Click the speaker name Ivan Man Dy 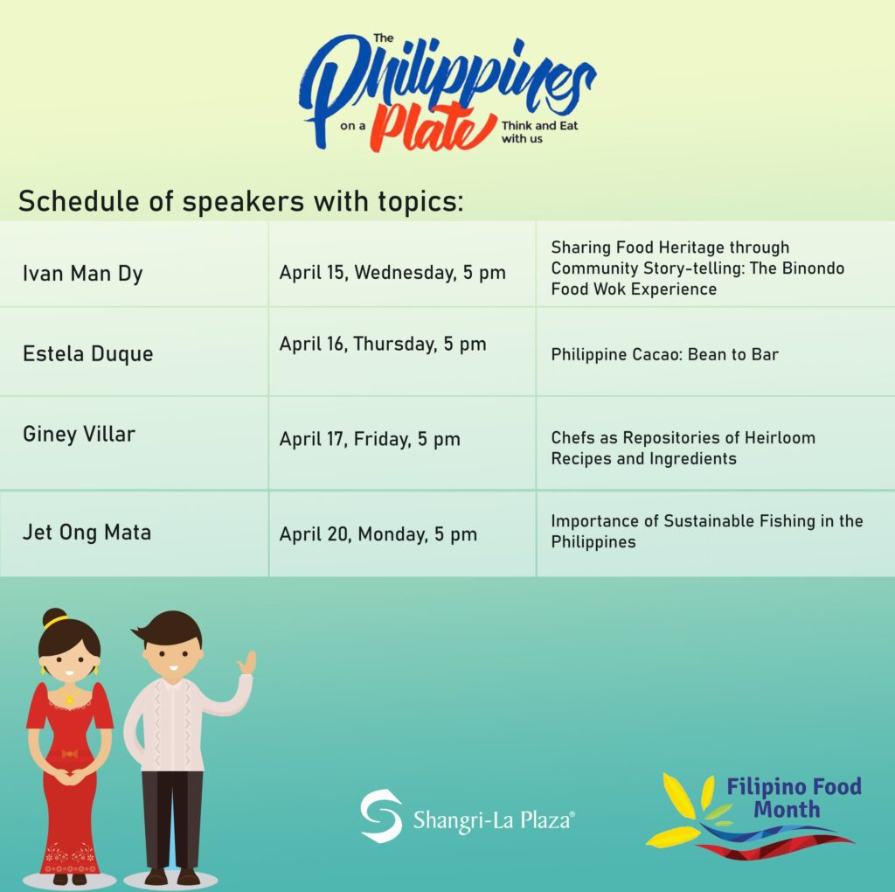83,274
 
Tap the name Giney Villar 79,434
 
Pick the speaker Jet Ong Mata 87,533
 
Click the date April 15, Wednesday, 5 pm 392,273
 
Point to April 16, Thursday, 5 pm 383,344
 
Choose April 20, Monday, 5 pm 378,534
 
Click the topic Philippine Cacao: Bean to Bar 664,355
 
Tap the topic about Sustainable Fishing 706,531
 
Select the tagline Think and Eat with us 539,132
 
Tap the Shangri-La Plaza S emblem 381,816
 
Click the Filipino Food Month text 794,798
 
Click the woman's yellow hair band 55,622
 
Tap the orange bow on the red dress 69,755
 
